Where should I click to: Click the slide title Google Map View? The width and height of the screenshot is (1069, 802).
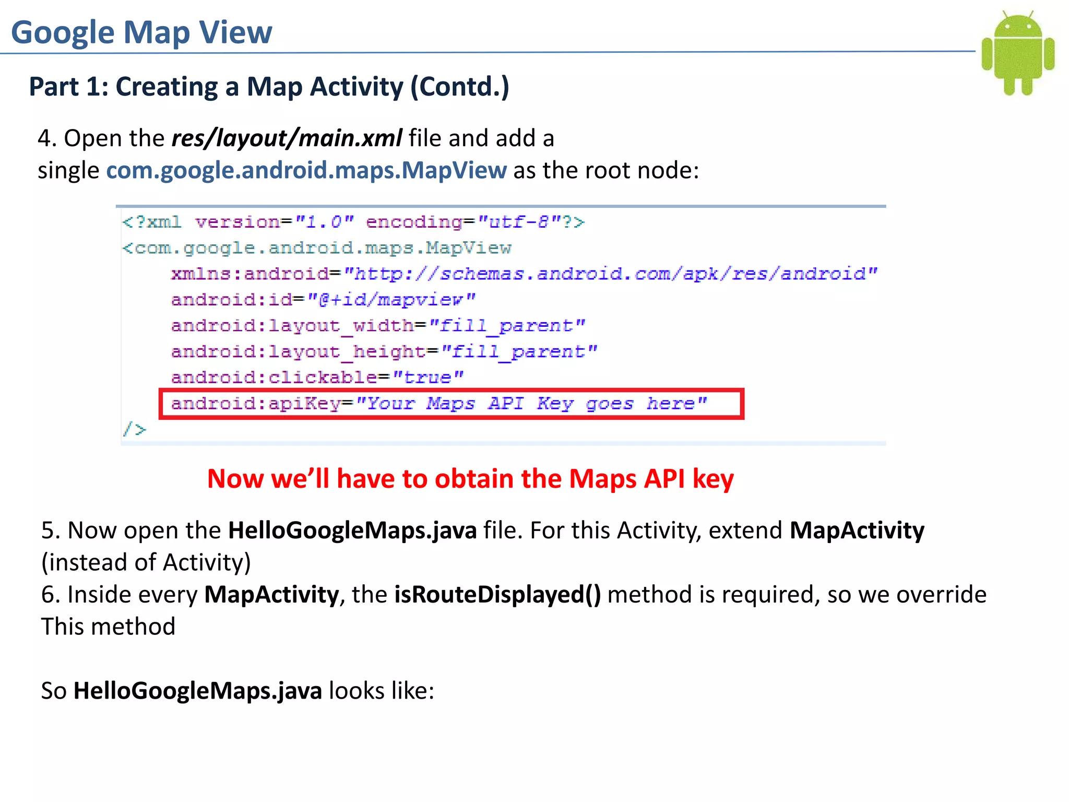(x=141, y=32)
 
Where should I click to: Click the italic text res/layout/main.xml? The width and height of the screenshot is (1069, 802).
(x=287, y=138)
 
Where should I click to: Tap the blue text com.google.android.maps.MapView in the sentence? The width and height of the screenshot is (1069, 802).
(x=306, y=171)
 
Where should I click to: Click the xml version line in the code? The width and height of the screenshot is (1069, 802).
(x=353, y=222)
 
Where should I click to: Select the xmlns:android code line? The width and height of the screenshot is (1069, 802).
(x=524, y=274)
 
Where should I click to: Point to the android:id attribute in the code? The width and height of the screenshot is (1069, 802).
(x=323, y=300)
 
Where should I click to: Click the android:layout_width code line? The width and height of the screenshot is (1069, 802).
(x=378, y=326)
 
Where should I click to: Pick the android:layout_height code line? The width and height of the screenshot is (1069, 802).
(x=384, y=351)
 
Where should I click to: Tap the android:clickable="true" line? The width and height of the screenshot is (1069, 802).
(x=317, y=377)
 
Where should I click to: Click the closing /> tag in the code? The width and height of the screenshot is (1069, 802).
(x=135, y=429)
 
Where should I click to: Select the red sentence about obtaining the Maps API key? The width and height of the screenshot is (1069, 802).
(x=470, y=479)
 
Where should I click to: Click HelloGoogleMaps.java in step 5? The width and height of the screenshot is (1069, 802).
(x=352, y=530)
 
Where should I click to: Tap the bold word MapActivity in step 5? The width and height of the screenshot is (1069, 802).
(x=857, y=530)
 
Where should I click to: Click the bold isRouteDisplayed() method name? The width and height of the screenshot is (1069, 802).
(x=497, y=595)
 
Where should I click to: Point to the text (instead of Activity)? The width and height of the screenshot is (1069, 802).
(x=146, y=563)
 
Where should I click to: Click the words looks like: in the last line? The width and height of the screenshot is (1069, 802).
(x=382, y=691)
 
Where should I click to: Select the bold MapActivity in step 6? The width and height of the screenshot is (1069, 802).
(x=271, y=595)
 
